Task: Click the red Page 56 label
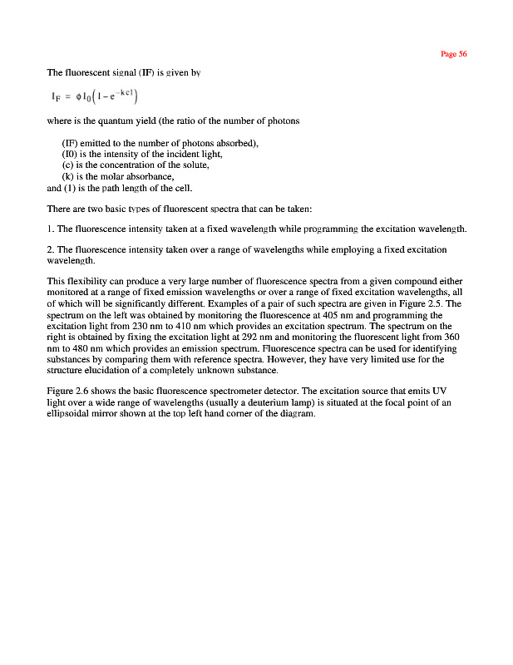454,54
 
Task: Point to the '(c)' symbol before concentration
69,165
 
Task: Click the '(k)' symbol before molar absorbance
69,176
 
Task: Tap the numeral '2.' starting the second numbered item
51,249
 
